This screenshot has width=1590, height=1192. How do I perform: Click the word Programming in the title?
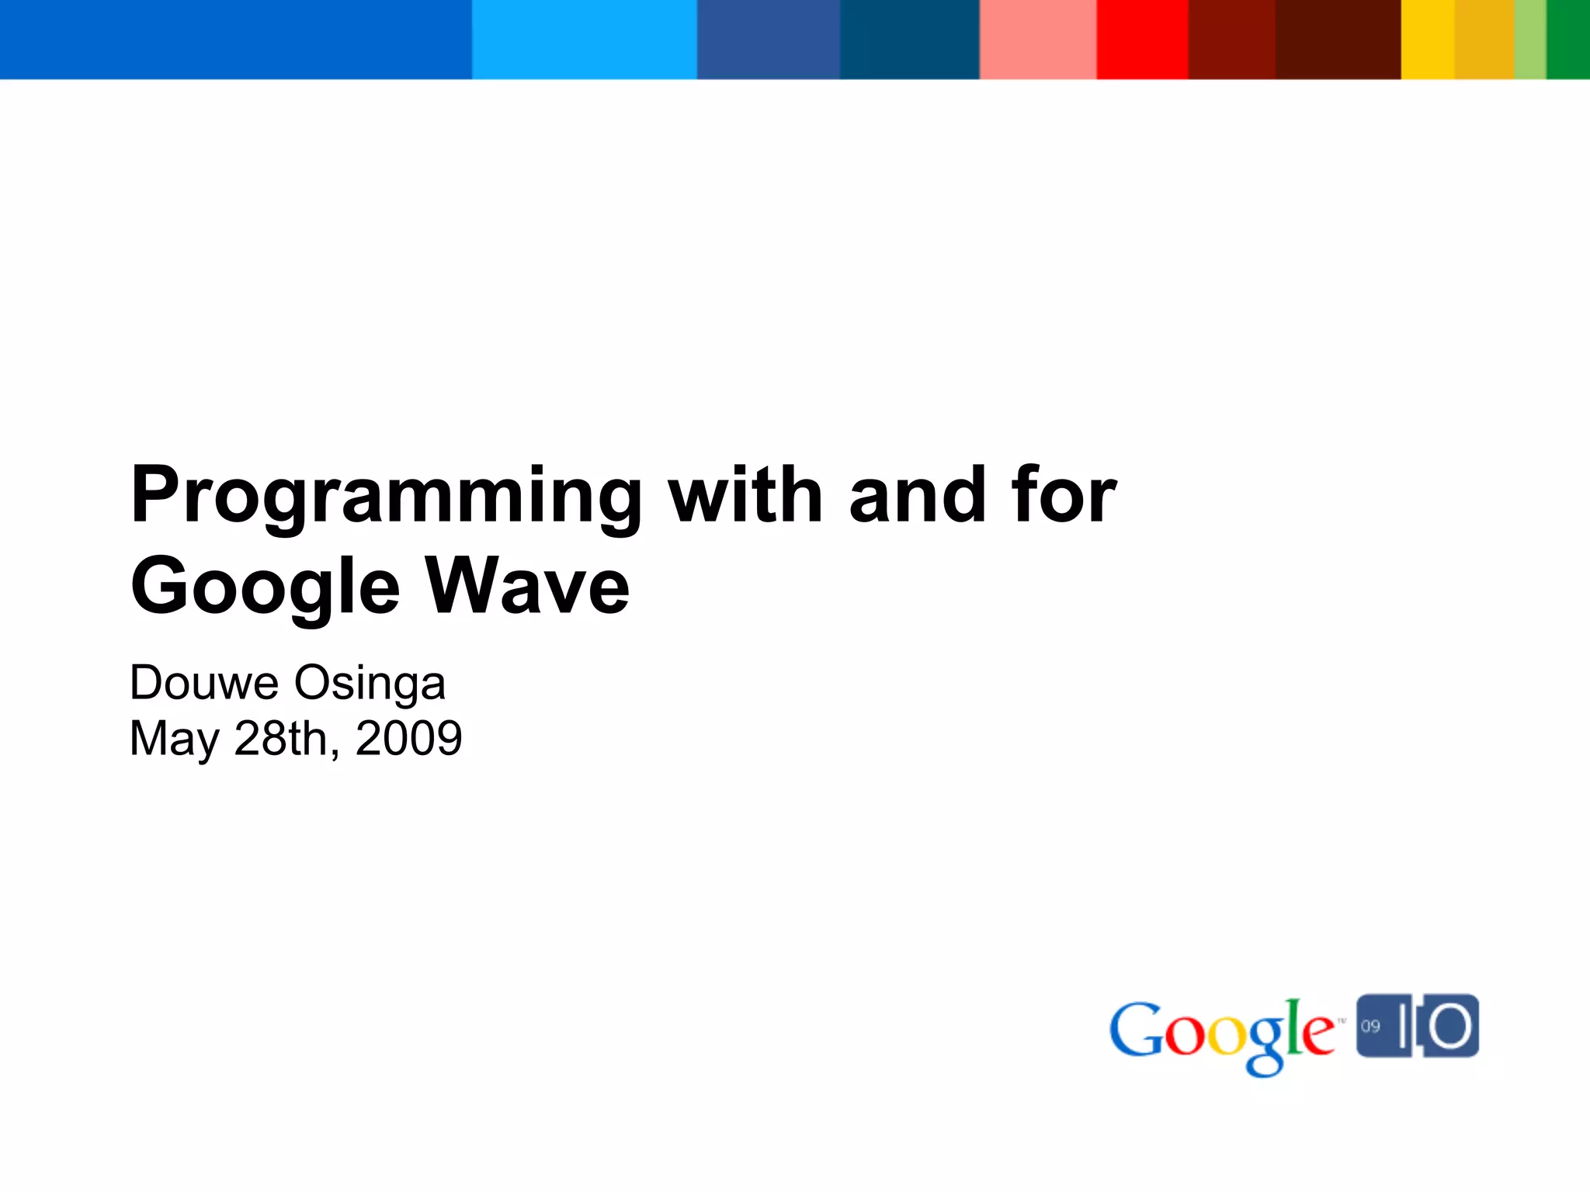coord(386,497)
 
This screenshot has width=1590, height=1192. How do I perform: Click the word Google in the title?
coord(265,587)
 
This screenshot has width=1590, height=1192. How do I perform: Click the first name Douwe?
coord(204,683)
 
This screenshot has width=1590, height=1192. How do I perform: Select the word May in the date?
coord(175,739)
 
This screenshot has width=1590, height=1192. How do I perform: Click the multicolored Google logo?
coord(1222,1032)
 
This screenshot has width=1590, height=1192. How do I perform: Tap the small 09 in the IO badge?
coord(1370,1026)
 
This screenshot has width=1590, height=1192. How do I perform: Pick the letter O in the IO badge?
coord(1450,1026)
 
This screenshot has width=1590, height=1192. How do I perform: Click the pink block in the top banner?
coord(1038,39)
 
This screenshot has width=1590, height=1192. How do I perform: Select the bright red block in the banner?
coord(1142,39)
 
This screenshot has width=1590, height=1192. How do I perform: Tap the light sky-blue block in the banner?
coord(584,39)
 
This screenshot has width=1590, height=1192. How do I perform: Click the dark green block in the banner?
coord(1568,39)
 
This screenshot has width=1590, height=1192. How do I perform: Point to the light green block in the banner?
coord(1530,39)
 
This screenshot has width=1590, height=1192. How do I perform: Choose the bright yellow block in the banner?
coord(1427,39)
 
